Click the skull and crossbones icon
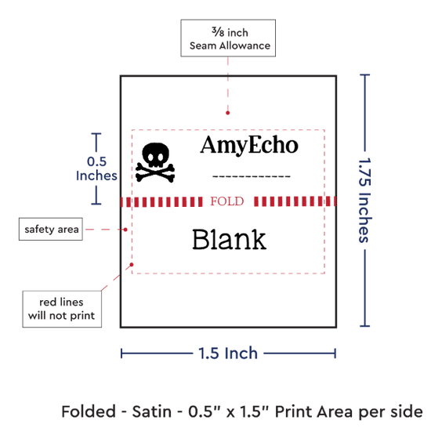click(x=155, y=162)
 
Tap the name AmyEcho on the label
click(x=249, y=145)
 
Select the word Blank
click(x=229, y=240)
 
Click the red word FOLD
click(x=227, y=201)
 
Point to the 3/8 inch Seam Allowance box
click(x=228, y=38)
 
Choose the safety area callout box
click(x=51, y=229)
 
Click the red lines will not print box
click(x=62, y=309)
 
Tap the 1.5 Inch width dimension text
click(x=228, y=353)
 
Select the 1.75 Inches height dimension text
click(x=365, y=200)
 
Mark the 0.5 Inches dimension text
click(x=96, y=168)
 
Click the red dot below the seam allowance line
click(x=227, y=113)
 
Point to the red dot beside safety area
click(x=125, y=230)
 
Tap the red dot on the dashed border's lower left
click(x=132, y=264)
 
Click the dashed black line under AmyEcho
click(x=252, y=176)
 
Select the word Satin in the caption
click(x=152, y=411)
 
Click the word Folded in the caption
click(x=89, y=411)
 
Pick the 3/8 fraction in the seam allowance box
click(x=218, y=32)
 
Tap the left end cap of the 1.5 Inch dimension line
click(x=121, y=353)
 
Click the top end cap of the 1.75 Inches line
click(x=364, y=74)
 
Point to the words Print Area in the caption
click(x=313, y=411)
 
